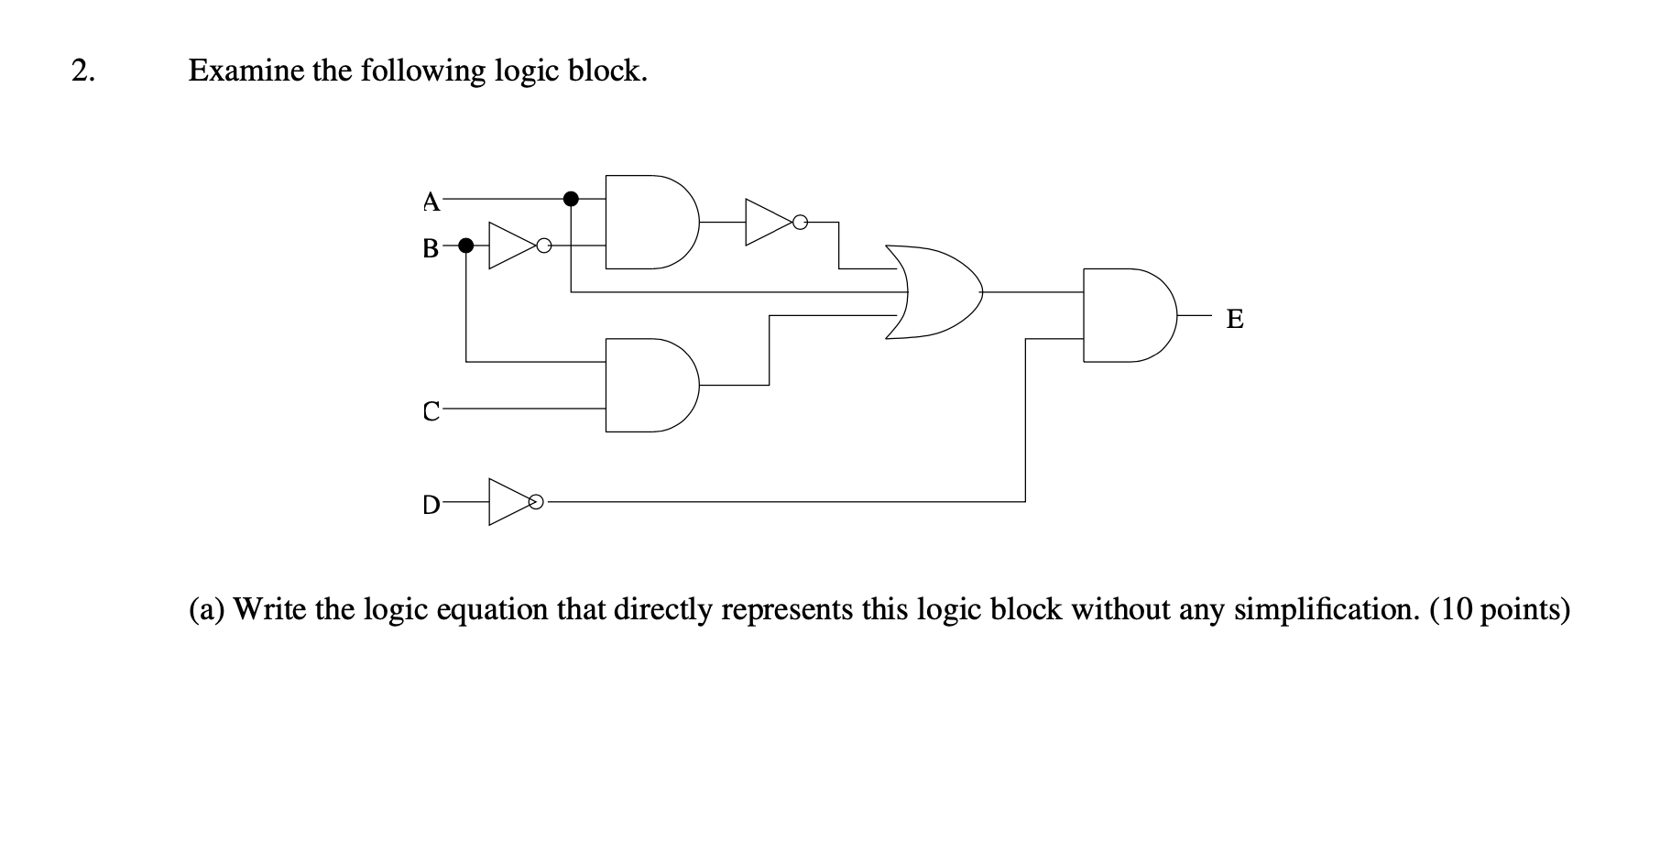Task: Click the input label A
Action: tap(431, 201)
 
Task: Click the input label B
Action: tap(431, 247)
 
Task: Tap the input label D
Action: tap(431, 504)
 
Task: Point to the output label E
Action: tap(1234, 319)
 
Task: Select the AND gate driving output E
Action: tap(1127, 315)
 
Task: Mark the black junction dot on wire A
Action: tap(571, 198)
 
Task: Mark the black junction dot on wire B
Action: tap(465, 246)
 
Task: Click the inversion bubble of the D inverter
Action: tap(538, 502)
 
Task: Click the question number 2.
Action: tap(82, 71)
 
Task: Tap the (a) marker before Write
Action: tap(207, 609)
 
